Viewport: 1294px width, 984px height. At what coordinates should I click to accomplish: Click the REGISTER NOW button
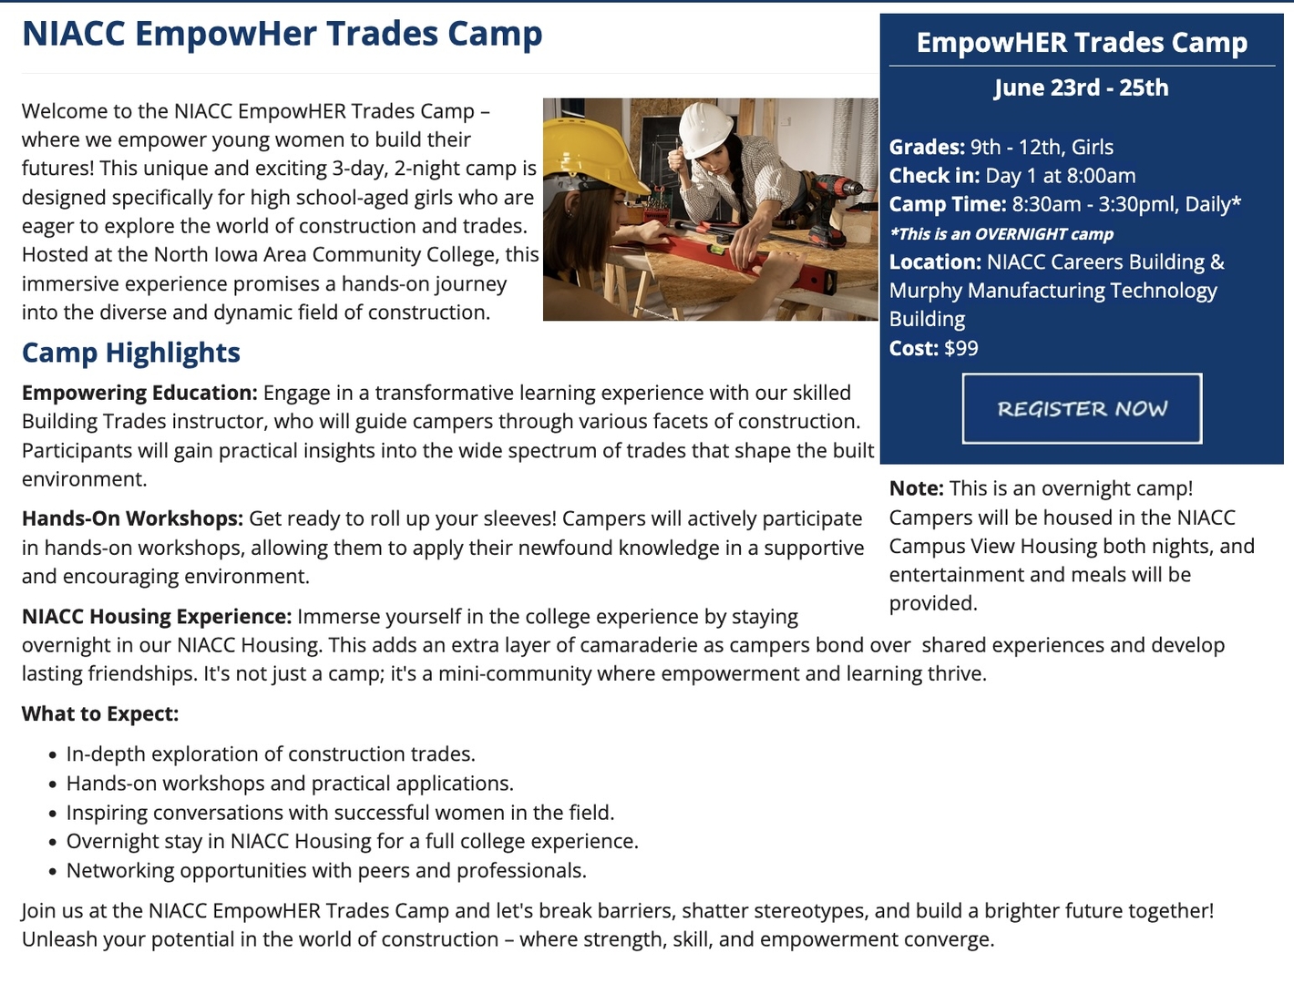point(1082,408)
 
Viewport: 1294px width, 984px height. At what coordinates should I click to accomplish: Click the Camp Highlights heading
point(131,353)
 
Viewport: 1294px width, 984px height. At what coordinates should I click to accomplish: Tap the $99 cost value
point(960,348)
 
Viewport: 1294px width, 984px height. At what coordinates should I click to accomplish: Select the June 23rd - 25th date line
point(1081,87)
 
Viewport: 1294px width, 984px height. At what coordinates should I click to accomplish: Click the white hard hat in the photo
point(704,129)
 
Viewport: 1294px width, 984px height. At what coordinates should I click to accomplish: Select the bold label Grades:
point(927,148)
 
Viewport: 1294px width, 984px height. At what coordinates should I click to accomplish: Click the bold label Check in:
point(934,176)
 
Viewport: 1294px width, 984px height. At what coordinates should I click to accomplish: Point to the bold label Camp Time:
point(948,204)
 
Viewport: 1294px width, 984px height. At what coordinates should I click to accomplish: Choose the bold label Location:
point(935,262)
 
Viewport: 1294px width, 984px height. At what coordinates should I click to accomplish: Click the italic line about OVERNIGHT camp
point(1001,234)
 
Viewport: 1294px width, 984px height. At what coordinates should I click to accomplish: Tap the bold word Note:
point(916,488)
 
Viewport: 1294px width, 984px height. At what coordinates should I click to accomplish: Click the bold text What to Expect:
point(100,713)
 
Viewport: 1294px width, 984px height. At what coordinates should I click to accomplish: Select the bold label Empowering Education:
point(139,393)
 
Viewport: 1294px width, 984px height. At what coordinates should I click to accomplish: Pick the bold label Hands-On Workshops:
point(133,518)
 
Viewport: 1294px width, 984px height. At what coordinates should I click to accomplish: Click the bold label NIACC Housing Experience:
point(157,616)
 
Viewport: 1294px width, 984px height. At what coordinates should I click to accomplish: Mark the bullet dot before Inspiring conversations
point(53,814)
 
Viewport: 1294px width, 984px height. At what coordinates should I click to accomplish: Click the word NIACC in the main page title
point(73,34)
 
